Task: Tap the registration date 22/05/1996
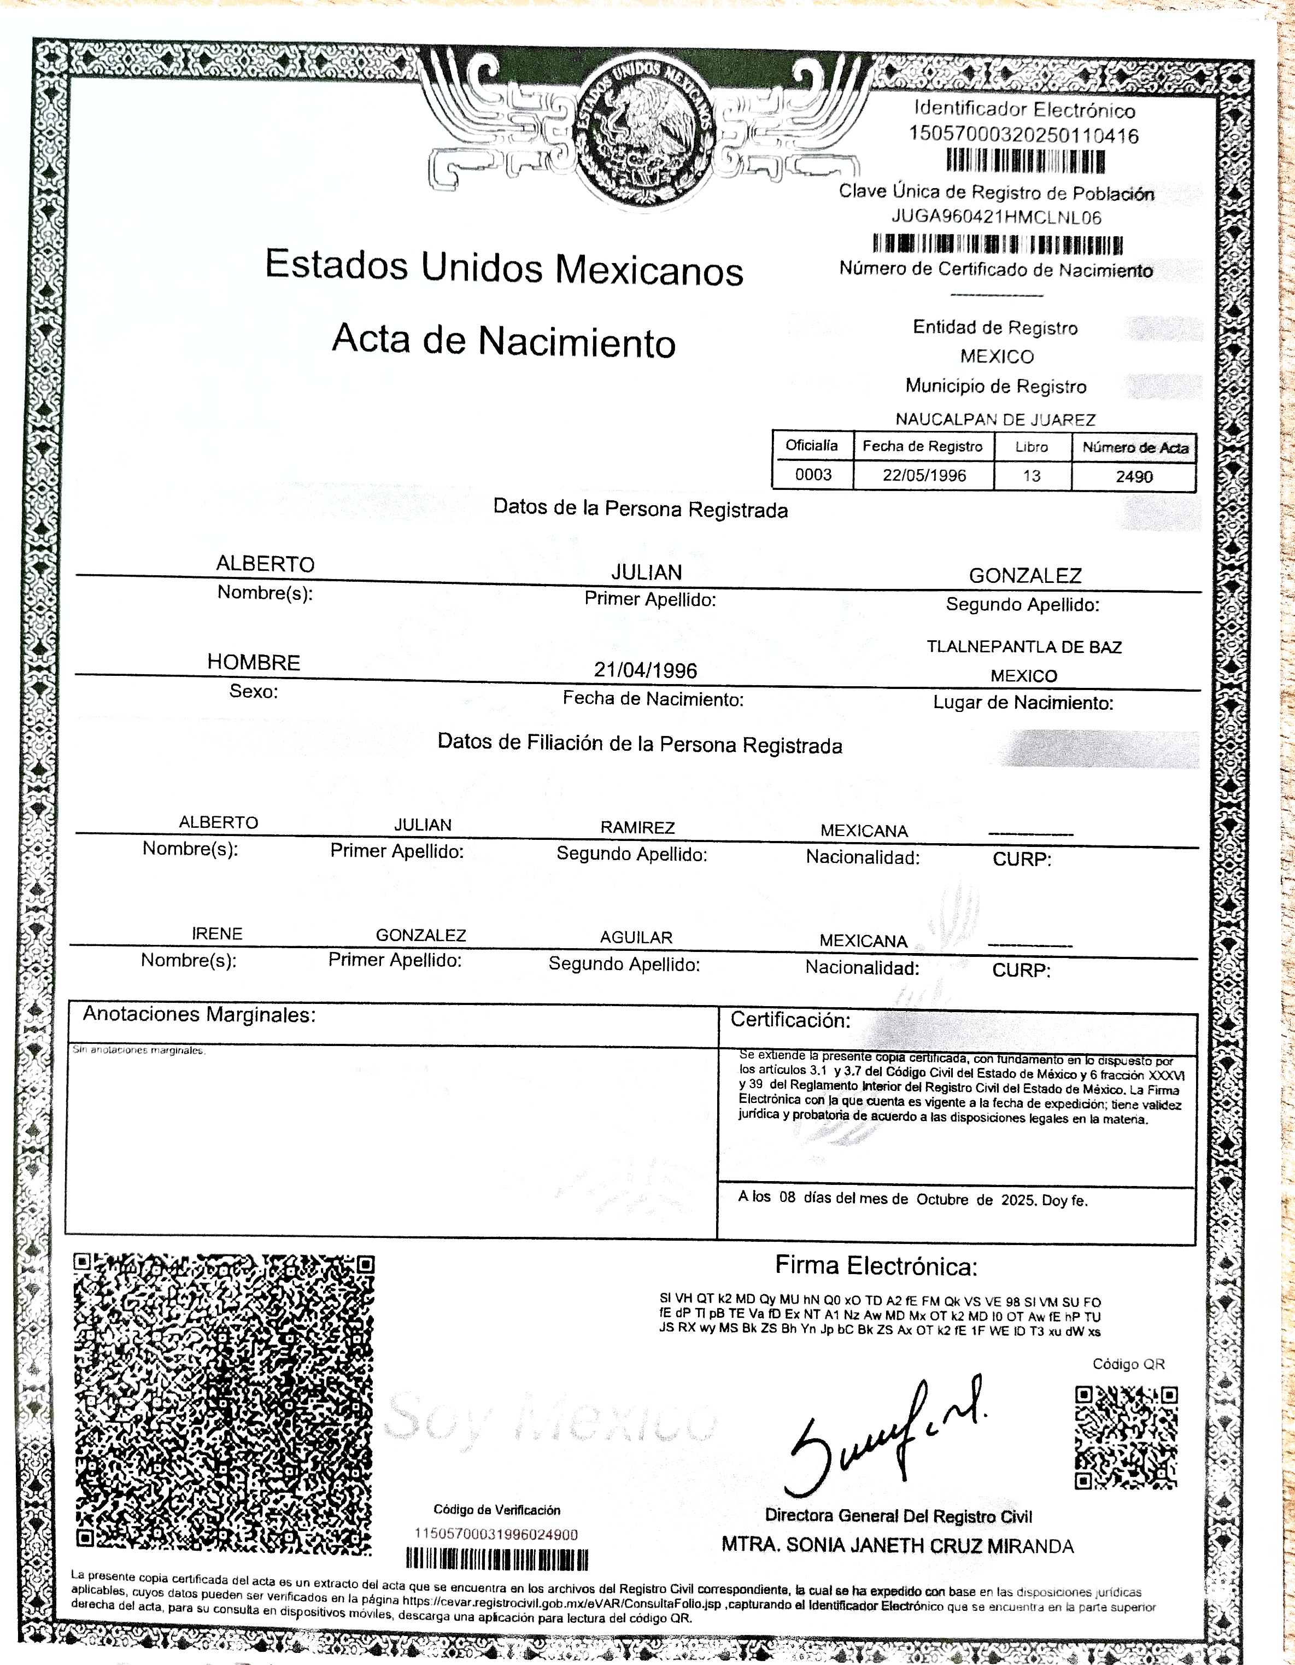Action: pos(924,476)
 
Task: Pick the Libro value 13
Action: pos(1032,476)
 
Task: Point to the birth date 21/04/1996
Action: pos(646,670)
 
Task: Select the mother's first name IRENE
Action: pos(217,933)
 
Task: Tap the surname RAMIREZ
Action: pos(637,827)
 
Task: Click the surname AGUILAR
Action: pos(636,937)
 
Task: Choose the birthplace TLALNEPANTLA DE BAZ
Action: pos(1024,647)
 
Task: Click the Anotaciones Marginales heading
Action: pos(199,1015)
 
